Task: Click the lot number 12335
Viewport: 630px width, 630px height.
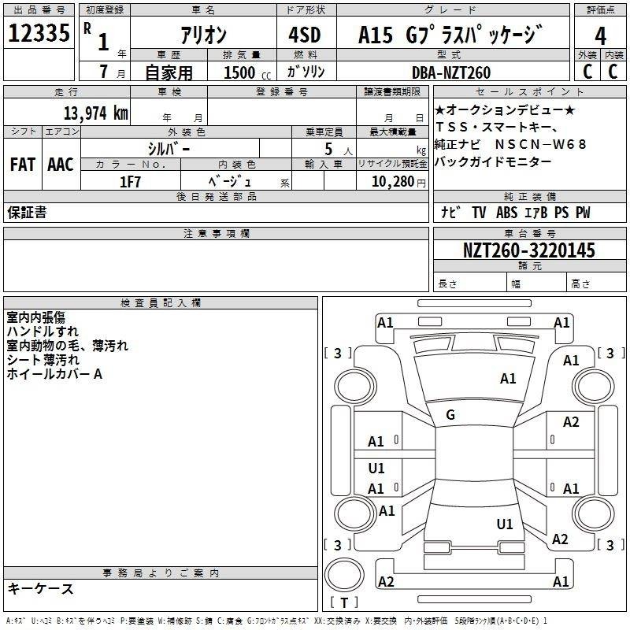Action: (x=39, y=33)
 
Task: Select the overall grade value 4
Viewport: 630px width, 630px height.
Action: (x=600, y=35)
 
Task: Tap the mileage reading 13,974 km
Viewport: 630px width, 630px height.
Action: (x=95, y=113)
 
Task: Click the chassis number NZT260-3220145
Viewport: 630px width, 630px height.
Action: (x=528, y=250)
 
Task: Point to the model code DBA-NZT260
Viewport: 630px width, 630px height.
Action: (x=451, y=72)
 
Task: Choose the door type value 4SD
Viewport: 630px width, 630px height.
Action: (x=305, y=35)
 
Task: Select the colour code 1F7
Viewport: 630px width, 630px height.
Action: (x=130, y=182)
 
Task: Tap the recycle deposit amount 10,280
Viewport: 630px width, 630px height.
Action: (x=393, y=182)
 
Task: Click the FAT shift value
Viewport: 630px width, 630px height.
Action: (x=23, y=165)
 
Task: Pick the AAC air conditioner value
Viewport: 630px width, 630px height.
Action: (x=61, y=165)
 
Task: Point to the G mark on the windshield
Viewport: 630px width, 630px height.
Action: (x=450, y=415)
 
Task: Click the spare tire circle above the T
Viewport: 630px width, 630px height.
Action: (x=344, y=575)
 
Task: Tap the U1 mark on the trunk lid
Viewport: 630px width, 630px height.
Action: (x=505, y=524)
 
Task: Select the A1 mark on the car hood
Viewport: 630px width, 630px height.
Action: (x=508, y=379)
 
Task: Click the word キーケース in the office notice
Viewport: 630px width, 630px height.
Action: (x=41, y=589)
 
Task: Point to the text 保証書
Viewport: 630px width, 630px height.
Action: (x=27, y=213)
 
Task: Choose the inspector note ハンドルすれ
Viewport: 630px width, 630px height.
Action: (x=43, y=332)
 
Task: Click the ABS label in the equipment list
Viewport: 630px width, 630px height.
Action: (x=506, y=213)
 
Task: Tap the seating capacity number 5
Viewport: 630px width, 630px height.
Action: (x=328, y=149)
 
